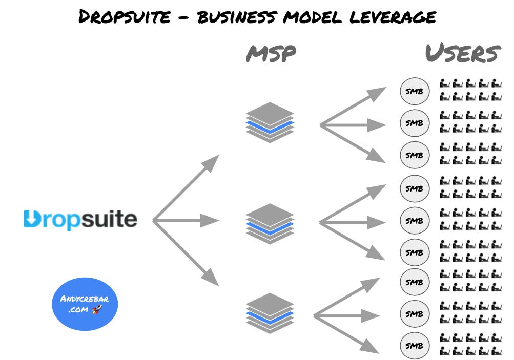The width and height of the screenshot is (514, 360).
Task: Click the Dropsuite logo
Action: [x=80, y=220]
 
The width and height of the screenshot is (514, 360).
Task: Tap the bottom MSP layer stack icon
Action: [x=270, y=313]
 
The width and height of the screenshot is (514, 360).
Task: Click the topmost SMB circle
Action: [x=414, y=91]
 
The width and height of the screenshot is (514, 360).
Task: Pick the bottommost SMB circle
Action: [x=414, y=345]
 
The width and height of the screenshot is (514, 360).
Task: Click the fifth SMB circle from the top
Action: [x=414, y=220]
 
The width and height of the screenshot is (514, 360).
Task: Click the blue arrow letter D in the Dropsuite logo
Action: [x=31, y=220]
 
